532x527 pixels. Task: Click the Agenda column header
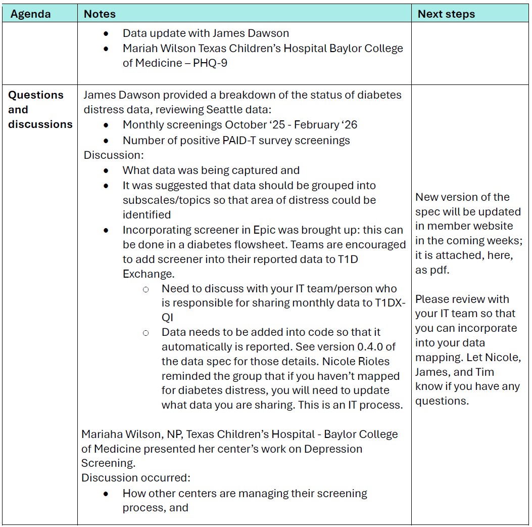(30, 14)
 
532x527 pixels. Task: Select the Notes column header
(100, 14)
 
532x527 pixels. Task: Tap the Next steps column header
(446, 14)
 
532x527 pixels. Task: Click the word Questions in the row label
(36, 95)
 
